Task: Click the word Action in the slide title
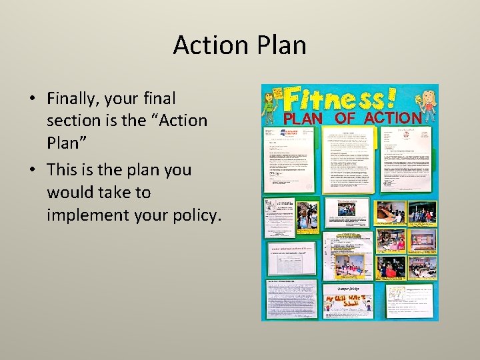(x=210, y=45)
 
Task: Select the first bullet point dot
(x=31, y=99)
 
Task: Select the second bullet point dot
(x=31, y=171)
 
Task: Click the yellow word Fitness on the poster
(x=331, y=100)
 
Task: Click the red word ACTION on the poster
(x=393, y=117)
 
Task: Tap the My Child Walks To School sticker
(x=348, y=303)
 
